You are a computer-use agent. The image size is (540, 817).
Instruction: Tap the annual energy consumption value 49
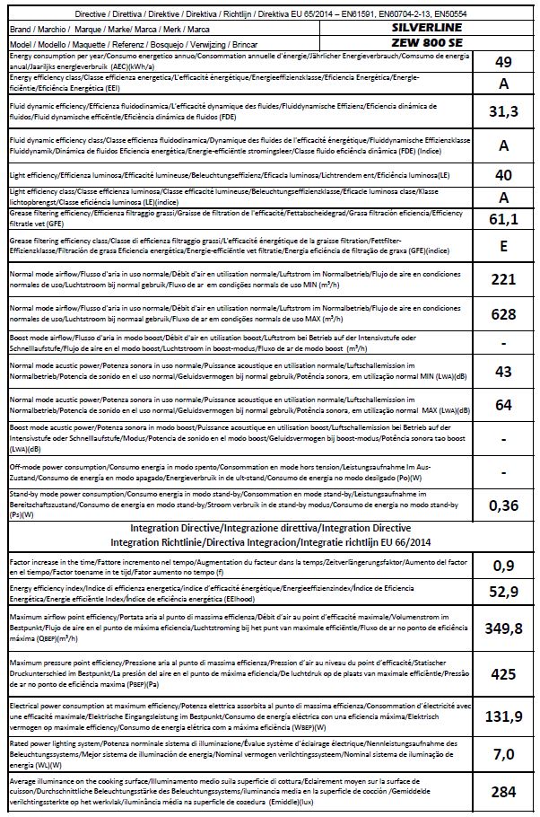[x=503, y=62]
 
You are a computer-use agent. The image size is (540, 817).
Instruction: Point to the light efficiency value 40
[x=503, y=175]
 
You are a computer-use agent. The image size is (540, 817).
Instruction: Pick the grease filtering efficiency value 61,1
[x=503, y=218]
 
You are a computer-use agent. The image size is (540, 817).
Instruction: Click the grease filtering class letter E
[x=503, y=246]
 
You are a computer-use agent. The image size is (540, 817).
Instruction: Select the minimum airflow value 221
[x=503, y=279]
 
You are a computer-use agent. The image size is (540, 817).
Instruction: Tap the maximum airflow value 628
[x=503, y=314]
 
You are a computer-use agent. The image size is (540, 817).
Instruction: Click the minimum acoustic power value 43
[x=503, y=372]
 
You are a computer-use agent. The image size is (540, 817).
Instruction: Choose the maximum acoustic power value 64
[x=503, y=405]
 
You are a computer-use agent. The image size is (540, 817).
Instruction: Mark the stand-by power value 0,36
[x=503, y=505]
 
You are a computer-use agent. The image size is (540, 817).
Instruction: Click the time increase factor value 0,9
[x=503, y=566]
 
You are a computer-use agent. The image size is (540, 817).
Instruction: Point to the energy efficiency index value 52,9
[x=503, y=593]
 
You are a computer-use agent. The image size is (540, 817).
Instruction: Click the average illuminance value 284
[x=503, y=791]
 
